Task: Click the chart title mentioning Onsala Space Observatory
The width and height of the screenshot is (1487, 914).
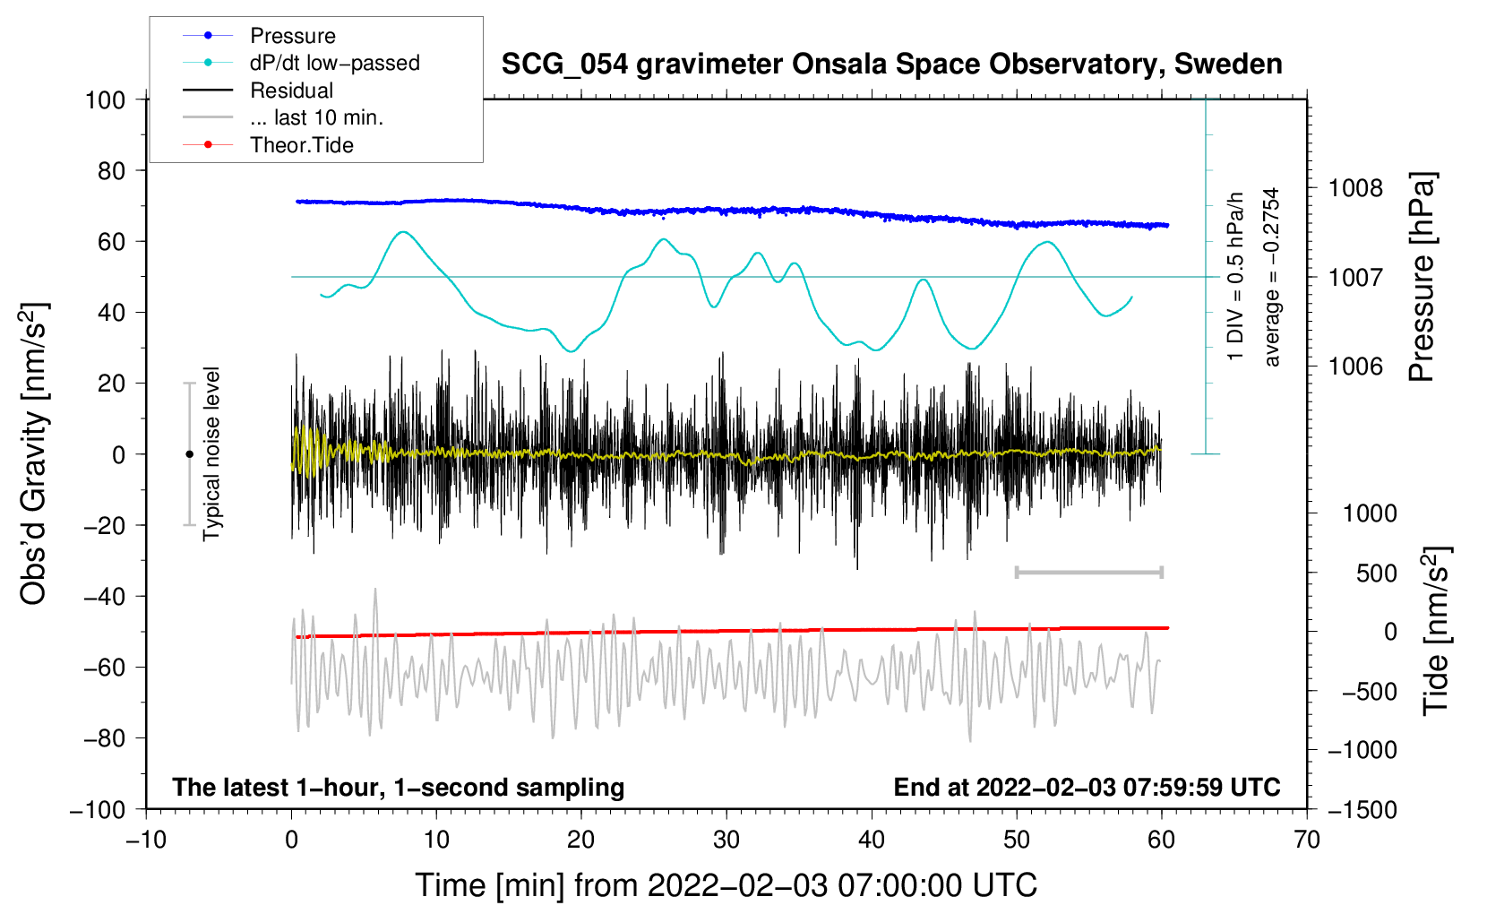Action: tap(891, 65)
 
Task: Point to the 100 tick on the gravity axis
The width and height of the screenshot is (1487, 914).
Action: tap(106, 100)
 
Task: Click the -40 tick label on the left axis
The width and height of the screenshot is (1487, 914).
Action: tap(104, 597)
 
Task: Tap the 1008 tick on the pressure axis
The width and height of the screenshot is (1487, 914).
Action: tap(1355, 189)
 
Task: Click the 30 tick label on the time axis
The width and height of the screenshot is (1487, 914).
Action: tap(726, 841)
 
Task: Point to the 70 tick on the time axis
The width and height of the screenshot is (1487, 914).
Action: tap(1306, 841)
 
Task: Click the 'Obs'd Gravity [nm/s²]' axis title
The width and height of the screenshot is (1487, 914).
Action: tap(33, 453)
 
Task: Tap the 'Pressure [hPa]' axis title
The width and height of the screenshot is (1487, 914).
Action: tap(1422, 277)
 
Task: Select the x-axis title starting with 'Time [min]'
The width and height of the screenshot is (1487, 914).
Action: tap(726, 885)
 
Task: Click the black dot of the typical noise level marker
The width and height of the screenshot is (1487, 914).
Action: tap(189, 454)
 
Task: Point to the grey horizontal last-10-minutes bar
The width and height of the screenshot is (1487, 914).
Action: tap(1088, 572)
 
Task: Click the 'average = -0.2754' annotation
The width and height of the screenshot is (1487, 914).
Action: tap(1270, 277)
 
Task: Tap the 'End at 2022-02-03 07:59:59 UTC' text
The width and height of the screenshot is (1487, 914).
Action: tap(1087, 787)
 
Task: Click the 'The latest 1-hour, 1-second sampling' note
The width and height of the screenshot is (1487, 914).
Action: tap(399, 788)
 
